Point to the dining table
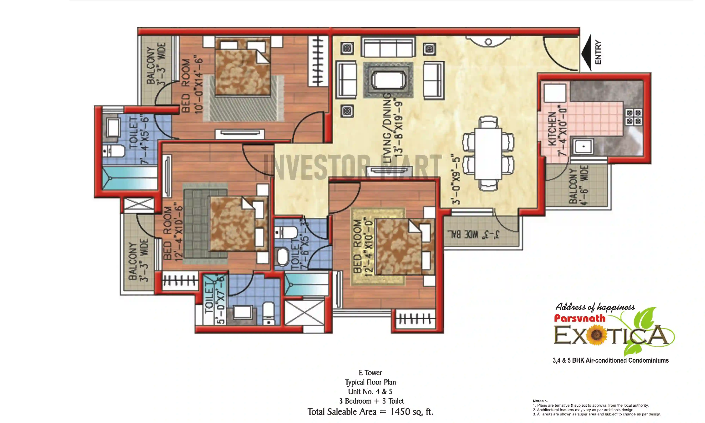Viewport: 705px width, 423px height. click(x=488, y=154)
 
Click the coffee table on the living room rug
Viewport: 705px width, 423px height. click(x=388, y=80)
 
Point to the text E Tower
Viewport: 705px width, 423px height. click(x=370, y=373)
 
